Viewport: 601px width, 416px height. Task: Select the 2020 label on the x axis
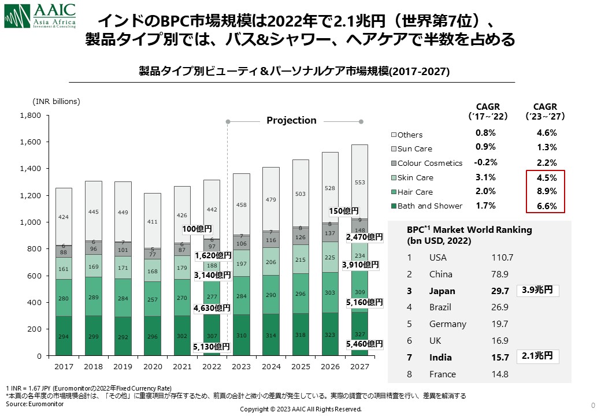tap(153, 366)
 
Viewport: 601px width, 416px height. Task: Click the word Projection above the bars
tap(291, 120)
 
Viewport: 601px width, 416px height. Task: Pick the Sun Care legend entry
tap(414, 148)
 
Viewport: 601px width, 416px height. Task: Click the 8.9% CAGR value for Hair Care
tap(547, 192)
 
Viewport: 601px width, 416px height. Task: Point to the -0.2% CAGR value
tap(485, 162)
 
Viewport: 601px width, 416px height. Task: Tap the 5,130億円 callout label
tap(212, 347)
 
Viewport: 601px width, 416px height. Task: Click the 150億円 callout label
tap(344, 211)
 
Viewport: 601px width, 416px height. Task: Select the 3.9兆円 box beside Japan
tap(538, 289)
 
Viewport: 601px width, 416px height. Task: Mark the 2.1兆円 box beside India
tap(538, 356)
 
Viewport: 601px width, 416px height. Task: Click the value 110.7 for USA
tap(502, 258)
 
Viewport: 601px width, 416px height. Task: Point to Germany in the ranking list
tap(447, 324)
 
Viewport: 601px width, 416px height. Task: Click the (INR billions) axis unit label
tap(56, 101)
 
